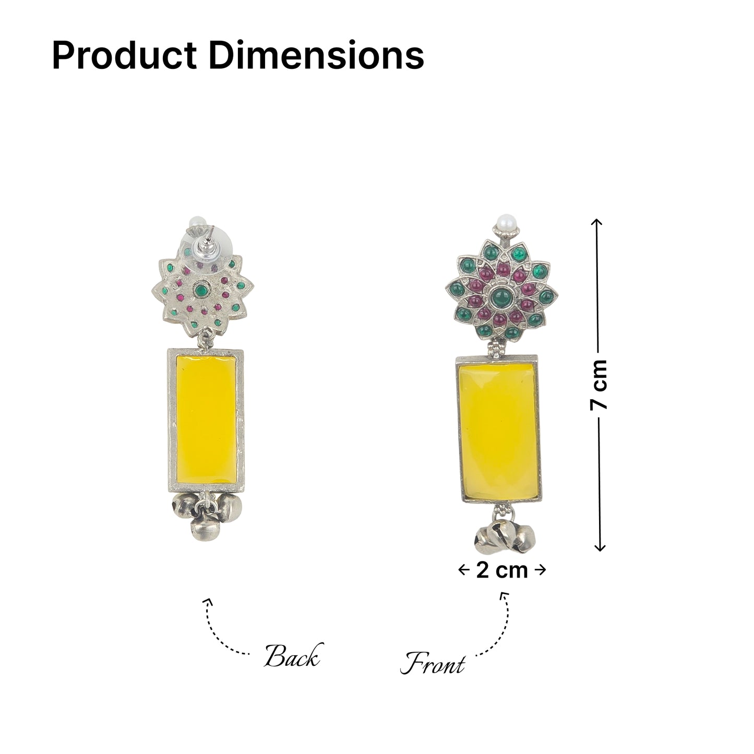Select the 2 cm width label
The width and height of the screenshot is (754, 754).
[502, 570]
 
